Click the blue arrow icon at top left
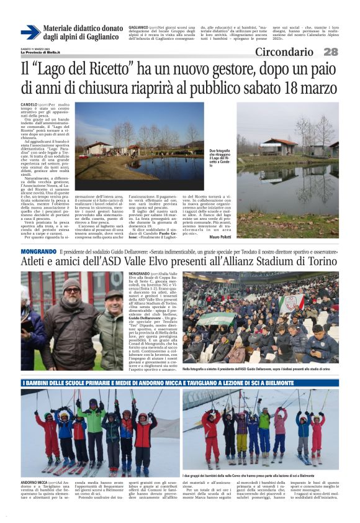(30, 32)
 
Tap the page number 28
(330, 52)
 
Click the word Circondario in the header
(284, 52)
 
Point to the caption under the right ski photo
(261, 475)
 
